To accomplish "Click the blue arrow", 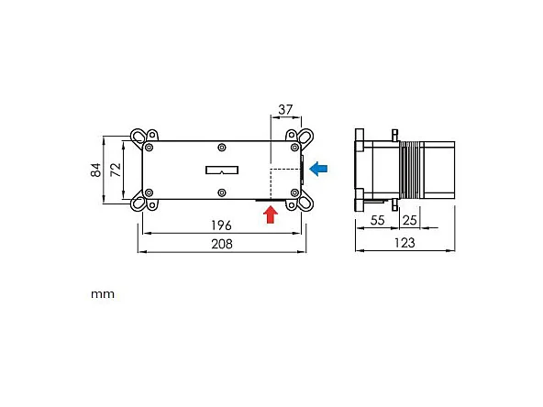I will pos(318,169).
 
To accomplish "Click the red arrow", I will pos(270,214).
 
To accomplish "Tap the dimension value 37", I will pos(284,109).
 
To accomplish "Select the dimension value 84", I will pos(96,170).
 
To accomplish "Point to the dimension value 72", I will pos(115,170).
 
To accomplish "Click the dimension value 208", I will pos(221,244).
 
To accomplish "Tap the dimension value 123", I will pos(404,243).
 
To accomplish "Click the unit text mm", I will pos(102,295).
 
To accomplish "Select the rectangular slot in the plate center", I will pos(222,170).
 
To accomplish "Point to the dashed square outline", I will pos(284,182).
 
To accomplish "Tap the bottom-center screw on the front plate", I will pos(222,192).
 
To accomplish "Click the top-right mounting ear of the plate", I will pos(302,137).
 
